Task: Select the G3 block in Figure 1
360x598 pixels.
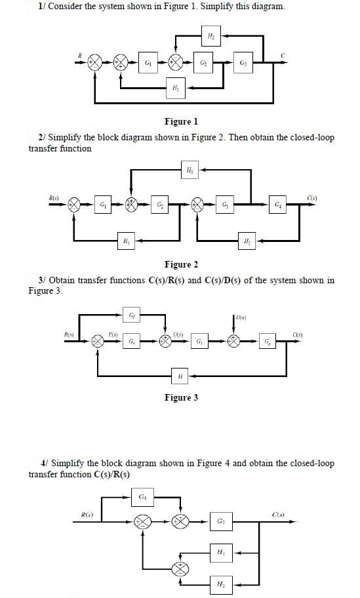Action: (244, 63)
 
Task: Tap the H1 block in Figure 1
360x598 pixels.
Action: (175, 87)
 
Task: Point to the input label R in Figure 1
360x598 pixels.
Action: (80, 56)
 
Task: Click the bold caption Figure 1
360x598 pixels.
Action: (181, 121)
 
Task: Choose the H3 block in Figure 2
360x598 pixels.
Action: (190, 171)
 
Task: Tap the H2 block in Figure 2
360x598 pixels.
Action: (247, 241)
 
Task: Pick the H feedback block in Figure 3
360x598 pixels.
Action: (180, 376)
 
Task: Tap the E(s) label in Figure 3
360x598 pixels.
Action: (113, 334)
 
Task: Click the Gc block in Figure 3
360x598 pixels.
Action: (133, 341)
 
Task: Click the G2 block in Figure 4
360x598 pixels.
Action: (221, 522)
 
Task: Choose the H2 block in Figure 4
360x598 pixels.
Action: (221, 584)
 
